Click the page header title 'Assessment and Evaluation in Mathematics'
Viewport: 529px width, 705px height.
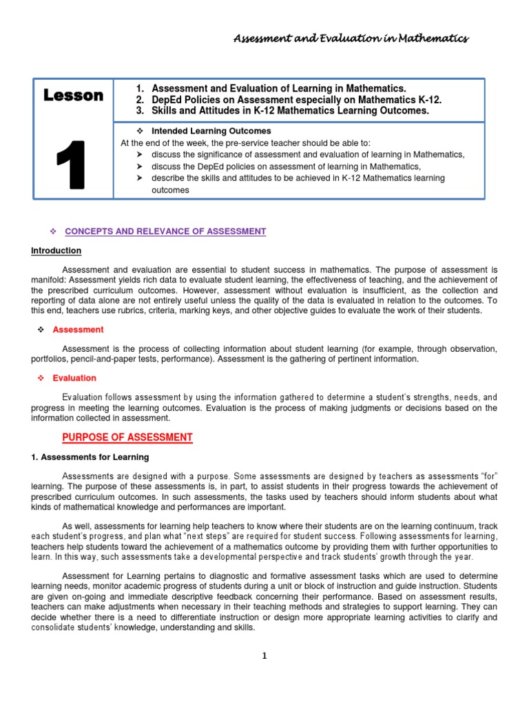[351, 39]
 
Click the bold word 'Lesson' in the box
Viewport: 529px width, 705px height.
[73, 96]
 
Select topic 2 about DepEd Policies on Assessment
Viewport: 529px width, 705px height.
[296, 100]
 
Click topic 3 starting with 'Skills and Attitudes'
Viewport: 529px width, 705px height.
[290, 111]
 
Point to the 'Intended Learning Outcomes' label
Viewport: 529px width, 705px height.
[211, 131]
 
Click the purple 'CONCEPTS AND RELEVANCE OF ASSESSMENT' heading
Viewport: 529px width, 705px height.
[165, 231]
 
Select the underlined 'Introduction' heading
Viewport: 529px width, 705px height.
[56, 251]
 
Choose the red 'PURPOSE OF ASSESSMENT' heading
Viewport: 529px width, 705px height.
[127, 438]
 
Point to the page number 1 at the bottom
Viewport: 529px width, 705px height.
[263, 656]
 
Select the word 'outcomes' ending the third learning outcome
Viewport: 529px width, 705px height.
[169, 191]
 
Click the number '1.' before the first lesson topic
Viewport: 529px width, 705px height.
[141, 89]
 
